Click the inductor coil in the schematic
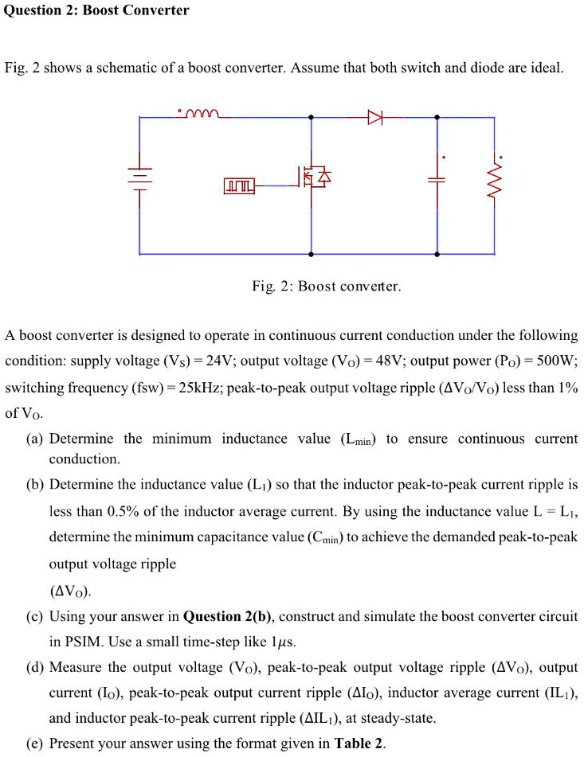click(x=197, y=114)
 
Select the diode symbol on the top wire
click(x=374, y=118)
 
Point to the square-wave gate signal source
click(x=239, y=186)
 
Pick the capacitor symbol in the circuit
click(x=437, y=181)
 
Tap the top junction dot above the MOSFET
click(x=312, y=118)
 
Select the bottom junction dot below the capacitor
click(x=437, y=254)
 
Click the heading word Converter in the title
click(x=155, y=10)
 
